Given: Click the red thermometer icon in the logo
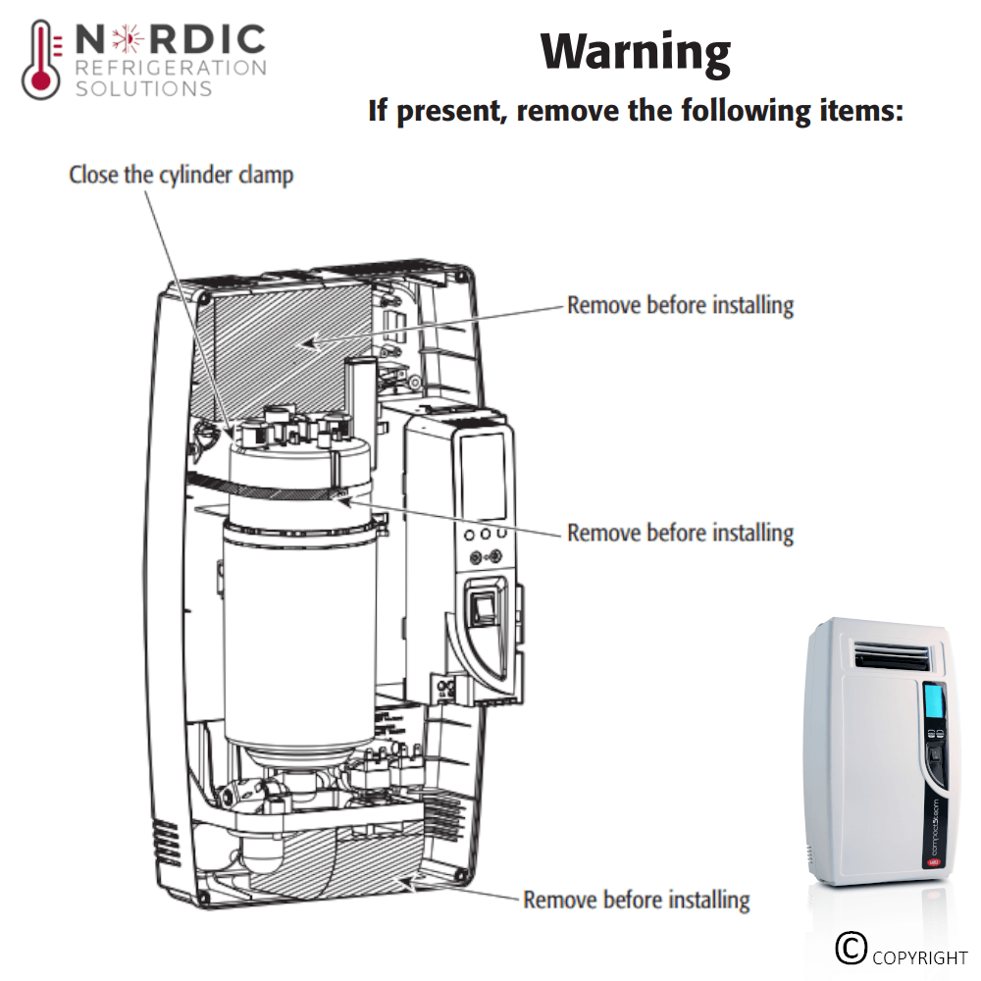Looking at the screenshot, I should click(40, 61).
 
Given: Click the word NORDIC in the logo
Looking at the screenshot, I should click(170, 40).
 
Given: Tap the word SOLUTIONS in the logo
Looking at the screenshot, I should click(143, 88).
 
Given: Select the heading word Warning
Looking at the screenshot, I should click(635, 51).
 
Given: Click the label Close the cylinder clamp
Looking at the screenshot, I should click(181, 176).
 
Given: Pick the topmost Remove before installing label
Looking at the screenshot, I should click(680, 305).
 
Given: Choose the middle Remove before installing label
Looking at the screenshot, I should click(680, 533).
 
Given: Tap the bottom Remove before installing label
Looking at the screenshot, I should click(636, 899).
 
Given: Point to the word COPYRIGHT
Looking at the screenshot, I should click(920, 957).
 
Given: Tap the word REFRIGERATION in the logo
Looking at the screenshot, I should click(171, 68).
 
